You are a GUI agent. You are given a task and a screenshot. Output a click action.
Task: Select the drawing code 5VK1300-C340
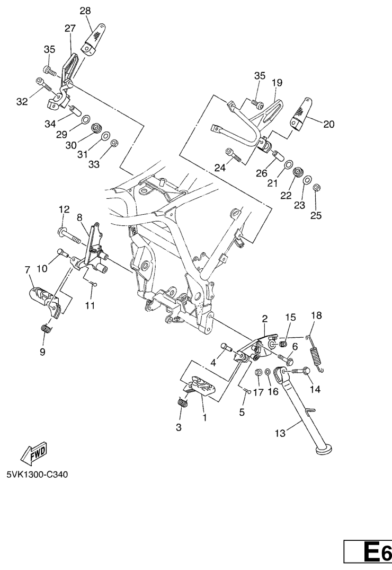tap(37, 475)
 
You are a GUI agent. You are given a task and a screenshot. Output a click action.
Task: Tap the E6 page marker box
tap(368, 551)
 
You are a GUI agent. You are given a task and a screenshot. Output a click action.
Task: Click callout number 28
tap(85, 11)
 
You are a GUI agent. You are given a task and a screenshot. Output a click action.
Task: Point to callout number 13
tap(280, 433)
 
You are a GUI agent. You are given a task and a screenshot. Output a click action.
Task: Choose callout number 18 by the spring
tap(316, 315)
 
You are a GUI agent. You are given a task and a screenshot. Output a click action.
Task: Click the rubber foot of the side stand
tap(323, 450)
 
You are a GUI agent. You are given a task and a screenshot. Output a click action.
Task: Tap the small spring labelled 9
tap(46, 328)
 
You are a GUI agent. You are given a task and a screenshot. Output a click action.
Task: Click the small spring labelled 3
tap(182, 402)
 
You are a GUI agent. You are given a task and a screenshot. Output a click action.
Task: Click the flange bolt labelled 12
tap(69, 235)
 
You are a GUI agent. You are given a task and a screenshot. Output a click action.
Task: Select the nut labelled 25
tap(316, 188)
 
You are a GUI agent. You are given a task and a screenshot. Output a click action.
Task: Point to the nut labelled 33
tap(114, 143)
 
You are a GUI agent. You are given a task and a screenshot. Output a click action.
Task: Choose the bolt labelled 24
tap(234, 154)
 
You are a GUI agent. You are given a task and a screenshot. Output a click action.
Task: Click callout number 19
tap(277, 83)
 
